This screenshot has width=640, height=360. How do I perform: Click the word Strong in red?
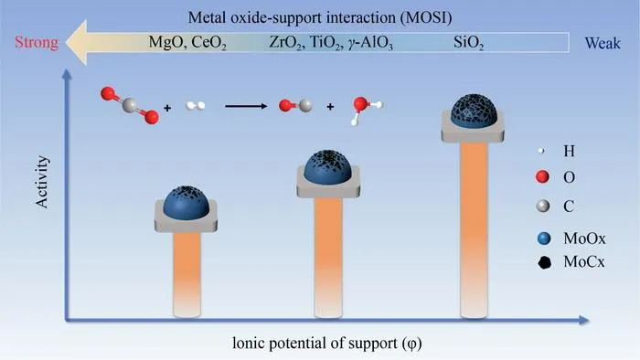click(37, 42)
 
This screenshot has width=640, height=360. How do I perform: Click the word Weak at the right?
click(603, 43)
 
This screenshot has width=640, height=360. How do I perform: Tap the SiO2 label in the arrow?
click(468, 43)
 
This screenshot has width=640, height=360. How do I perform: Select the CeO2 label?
click(208, 42)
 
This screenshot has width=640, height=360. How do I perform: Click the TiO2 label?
click(326, 42)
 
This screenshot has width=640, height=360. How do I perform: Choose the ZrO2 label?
click(287, 42)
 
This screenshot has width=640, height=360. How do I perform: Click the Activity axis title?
click(42, 182)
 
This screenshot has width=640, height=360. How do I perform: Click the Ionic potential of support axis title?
click(327, 343)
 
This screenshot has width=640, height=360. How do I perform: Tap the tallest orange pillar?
click(474, 229)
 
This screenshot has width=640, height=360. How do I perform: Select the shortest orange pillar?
click(187, 274)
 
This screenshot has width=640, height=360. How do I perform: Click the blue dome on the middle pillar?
click(327, 167)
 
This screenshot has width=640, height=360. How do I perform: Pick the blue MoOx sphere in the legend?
click(544, 238)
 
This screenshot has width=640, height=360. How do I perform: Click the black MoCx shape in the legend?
click(544, 262)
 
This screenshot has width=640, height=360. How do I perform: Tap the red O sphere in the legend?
click(542, 177)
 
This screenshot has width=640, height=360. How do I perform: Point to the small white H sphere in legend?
click(541, 151)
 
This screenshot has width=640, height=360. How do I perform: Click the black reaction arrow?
click(246, 106)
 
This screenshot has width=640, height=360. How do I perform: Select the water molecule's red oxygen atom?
click(360, 104)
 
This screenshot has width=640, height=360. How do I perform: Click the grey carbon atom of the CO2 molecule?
click(130, 105)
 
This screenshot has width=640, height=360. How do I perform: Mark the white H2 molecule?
click(196, 106)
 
